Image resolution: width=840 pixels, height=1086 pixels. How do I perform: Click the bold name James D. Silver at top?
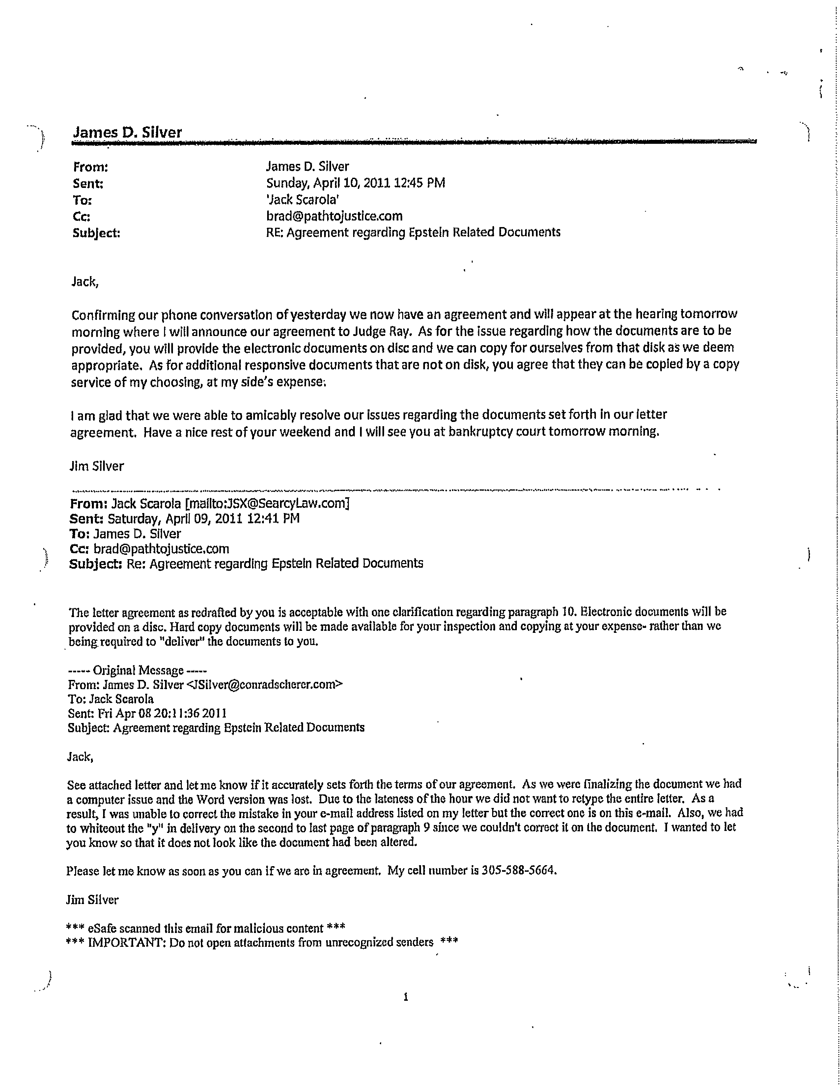(127, 132)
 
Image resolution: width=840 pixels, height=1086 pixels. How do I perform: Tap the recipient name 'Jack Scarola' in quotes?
(303, 199)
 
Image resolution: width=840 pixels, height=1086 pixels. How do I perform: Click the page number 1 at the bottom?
(406, 996)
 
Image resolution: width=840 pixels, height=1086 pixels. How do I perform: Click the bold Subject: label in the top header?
(97, 233)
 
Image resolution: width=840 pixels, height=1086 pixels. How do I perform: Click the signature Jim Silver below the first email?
(97, 466)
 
